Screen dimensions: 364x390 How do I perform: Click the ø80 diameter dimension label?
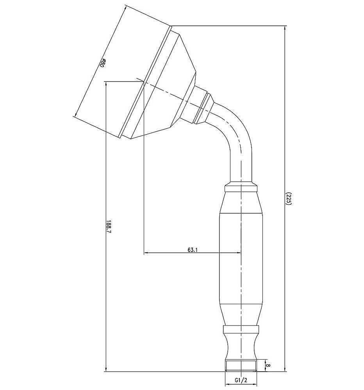(x=103, y=63)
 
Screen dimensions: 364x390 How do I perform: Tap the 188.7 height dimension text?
(x=108, y=226)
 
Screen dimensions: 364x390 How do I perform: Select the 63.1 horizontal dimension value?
(x=192, y=250)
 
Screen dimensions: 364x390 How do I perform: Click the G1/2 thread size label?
(x=241, y=380)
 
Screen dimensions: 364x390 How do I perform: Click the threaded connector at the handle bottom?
(x=241, y=366)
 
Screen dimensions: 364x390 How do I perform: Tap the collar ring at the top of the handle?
(x=241, y=188)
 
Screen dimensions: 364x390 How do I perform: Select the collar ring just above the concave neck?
(x=241, y=329)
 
